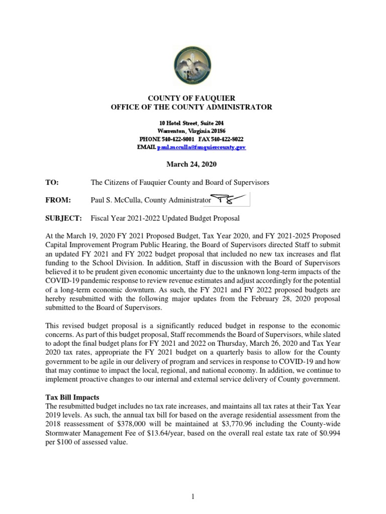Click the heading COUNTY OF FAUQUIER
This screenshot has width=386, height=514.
coord(191,98)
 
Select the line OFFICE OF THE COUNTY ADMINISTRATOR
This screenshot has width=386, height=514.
coord(191,107)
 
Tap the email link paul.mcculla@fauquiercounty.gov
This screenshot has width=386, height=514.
coord(202,148)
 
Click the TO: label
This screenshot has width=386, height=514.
coord(52,183)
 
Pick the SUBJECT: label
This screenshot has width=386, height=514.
coord(64,218)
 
